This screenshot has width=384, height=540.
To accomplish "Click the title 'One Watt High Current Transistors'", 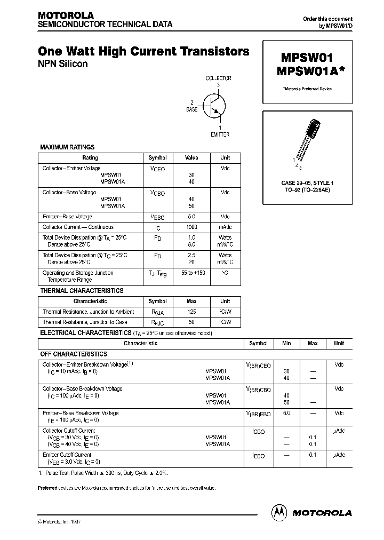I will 143,52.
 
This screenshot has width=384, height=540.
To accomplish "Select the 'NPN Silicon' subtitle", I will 62,64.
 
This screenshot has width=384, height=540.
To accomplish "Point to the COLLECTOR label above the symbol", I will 219,78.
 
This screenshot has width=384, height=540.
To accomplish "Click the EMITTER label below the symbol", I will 220,134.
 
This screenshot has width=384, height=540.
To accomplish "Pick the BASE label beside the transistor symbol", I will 191,109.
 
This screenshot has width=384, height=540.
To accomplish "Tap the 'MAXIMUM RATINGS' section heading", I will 67,147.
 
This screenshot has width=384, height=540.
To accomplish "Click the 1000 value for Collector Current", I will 191,227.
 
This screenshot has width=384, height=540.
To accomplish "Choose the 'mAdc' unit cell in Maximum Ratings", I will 225,227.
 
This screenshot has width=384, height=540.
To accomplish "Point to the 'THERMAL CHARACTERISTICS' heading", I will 82,291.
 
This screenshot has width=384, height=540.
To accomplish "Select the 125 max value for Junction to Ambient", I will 191,312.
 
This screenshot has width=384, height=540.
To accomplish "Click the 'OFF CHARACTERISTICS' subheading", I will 74,354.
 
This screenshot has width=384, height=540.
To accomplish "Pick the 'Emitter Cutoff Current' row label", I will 67,455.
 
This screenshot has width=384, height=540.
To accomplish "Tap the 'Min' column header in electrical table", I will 286,344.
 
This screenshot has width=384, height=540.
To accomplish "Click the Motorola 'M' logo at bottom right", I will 280,512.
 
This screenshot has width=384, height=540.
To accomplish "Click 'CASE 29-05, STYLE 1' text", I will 307,183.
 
